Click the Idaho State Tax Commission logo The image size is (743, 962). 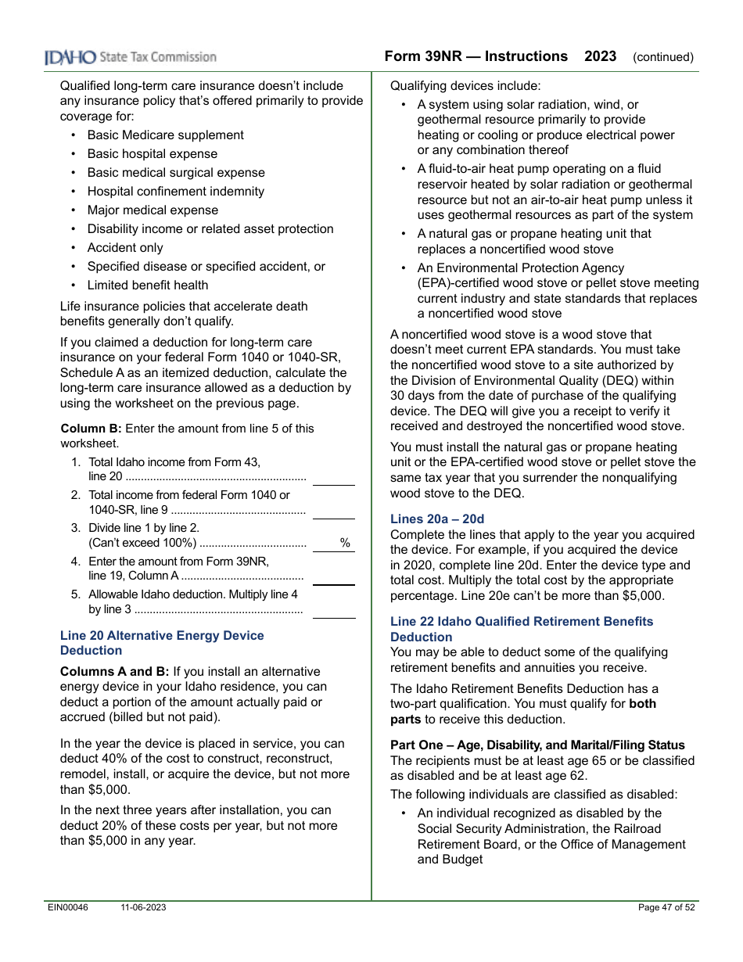pyautogui.click(x=131, y=57)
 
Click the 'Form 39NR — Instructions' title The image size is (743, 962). pyautogui.click(x=476, y=56)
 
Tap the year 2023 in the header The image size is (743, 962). pyautogui.click(x=600, y=56)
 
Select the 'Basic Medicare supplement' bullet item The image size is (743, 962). pyautogui.click(x=165, y=135)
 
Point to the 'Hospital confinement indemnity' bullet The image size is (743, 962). pyautogui.click(x=175, y=192)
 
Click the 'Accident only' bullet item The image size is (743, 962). pyautogui.click(x=125, y=248)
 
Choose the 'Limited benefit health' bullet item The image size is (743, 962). pyautogui.click(x=148, y=285)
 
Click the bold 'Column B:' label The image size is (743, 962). pyautogui.click(x=91, y=429)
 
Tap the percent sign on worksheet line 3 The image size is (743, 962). pyautogui.click(x=345, y=543)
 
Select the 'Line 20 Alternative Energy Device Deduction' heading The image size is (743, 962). pyautogui.click(x=162, y=643)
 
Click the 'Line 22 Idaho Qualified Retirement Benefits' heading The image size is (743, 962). pyautogui.click(x=522, y=622)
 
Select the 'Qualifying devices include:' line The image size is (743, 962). pyautogui.click(x=465, y=86)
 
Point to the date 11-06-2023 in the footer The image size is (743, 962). pyautogui.click(x=143, y=907)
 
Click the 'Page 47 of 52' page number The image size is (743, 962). pyautogui.click(x=666, y=907)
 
